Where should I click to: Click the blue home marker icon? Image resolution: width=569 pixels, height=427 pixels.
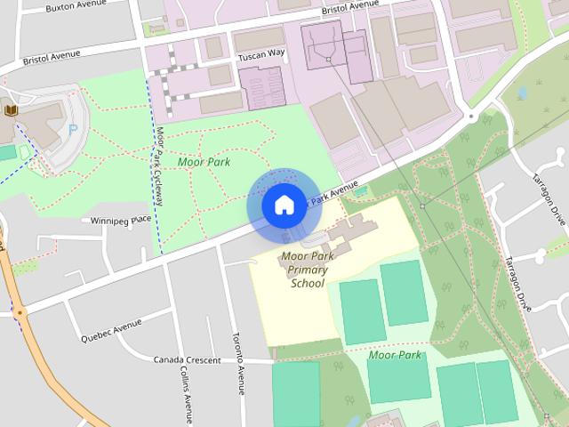283,205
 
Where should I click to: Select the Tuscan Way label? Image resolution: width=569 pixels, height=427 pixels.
261,54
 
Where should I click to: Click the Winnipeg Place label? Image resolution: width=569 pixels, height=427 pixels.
116,219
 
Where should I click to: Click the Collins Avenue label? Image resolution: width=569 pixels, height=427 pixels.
185,391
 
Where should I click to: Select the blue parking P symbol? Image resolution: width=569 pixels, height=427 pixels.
74,130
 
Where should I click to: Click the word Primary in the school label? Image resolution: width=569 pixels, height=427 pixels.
307,270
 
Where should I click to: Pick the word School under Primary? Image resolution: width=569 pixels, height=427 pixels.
307,284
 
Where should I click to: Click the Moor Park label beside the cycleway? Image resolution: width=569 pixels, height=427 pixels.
204,162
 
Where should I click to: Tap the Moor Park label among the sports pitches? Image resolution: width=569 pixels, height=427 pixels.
395,355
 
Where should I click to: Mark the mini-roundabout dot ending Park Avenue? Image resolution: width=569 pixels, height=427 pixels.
471,116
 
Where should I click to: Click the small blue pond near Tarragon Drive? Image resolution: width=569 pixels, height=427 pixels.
522,93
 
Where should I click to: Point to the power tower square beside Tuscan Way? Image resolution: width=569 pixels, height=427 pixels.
328,59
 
